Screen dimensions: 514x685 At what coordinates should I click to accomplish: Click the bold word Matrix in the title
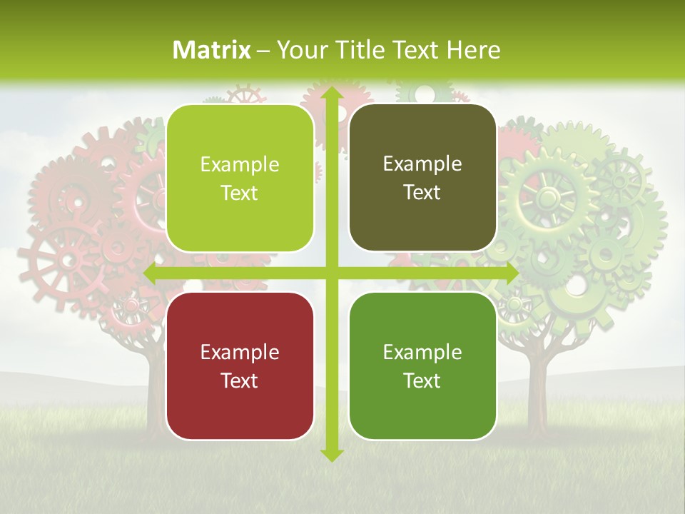(212, 50)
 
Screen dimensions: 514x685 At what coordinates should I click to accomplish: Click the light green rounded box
(240, 178)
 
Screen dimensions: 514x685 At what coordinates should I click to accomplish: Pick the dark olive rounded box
(422, 178)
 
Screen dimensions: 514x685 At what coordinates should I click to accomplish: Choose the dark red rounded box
(240, 366)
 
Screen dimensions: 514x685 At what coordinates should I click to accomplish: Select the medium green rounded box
(422, 366)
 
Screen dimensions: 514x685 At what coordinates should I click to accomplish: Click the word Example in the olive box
(422, 163)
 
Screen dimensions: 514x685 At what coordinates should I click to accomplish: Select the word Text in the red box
(239, 381)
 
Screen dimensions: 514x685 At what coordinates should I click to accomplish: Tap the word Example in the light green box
(240, 164)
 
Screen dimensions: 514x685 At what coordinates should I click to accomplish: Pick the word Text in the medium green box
(422, 381)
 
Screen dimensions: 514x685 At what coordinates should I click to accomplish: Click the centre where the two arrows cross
(331, 273)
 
